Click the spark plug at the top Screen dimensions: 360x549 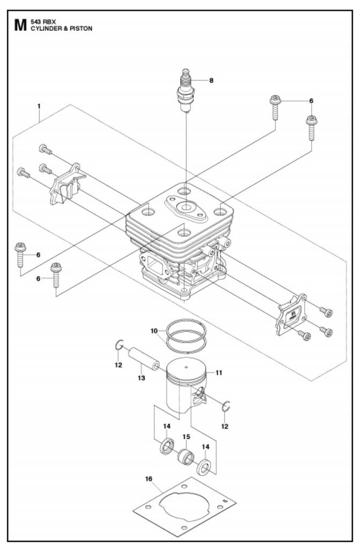(186, 90)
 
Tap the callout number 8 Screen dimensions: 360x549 (211, 80)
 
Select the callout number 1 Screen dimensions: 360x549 (39, 106)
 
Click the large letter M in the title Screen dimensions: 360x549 (20, 25)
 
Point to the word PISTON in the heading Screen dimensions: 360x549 (81, 29)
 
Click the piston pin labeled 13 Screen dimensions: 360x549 (143, 358)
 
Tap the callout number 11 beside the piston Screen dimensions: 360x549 (219, 373)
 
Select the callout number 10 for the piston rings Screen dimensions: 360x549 (154, 331)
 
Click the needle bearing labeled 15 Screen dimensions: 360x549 (186, 456)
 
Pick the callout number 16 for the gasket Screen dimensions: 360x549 (149, 479)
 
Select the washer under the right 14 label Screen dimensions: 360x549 (204, 468)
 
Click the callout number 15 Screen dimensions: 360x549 (186, 437)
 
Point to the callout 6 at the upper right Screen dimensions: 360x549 (311, 101)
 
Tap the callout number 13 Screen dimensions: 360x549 (141, 378)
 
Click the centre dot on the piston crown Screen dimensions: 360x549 (187, 367)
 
